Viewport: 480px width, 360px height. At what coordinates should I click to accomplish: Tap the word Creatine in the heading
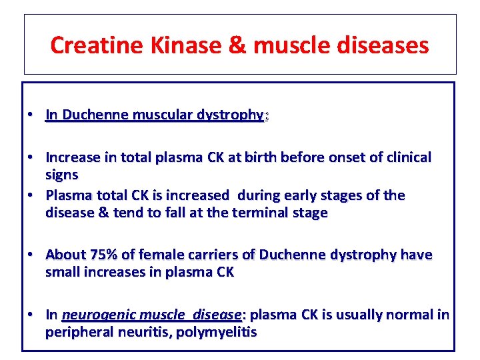[92, 45]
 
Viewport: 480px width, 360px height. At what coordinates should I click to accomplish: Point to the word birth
[263, 158]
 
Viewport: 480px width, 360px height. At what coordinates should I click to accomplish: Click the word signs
[61, 175]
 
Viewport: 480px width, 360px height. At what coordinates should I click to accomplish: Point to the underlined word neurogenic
[94, 315]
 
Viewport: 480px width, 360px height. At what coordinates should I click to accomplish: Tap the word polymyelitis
[216, 332]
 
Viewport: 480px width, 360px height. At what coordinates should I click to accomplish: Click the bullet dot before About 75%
[31, 255]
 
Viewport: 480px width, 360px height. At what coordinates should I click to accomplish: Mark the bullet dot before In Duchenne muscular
[31, 115]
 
